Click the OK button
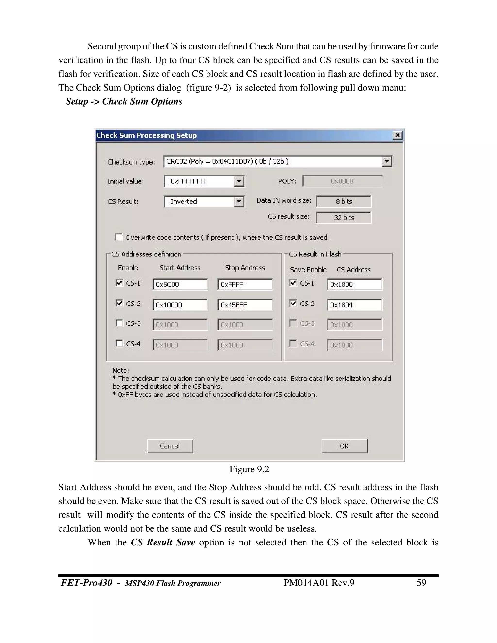[344, 446]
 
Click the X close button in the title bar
[398, 135]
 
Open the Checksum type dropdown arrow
[387, 161]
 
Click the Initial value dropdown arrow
[239, 181]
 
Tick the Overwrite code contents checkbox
[119, 237]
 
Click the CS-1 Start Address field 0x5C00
[180, 284]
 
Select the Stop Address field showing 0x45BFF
[245, 305]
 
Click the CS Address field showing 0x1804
[355, 305]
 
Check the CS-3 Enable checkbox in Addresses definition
[119, 323]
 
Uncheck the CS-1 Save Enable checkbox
[293, 283]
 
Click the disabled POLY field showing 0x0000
[342, 181]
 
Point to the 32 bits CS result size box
[344, 218]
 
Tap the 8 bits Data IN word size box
[344, 202]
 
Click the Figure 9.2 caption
[249, 469]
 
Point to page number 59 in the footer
[421, 583]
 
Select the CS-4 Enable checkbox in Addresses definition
[119, 344]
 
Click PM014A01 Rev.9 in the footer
[319, 583]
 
